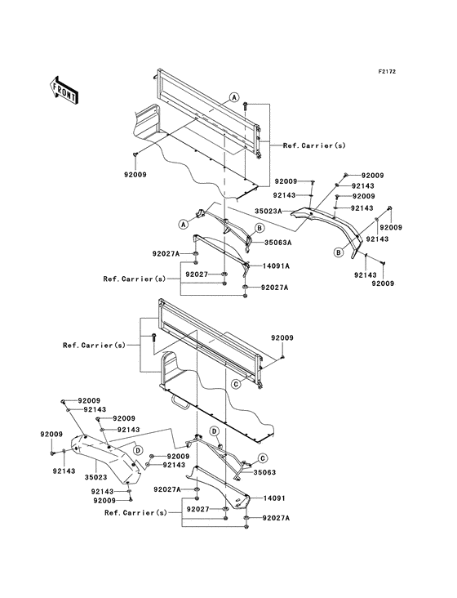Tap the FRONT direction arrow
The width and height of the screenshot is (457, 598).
coord(64,90)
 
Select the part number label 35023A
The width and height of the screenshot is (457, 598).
coord(268,211)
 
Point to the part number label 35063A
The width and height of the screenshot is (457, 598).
coord(277,243)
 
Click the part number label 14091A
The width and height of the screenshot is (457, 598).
coord(276,266)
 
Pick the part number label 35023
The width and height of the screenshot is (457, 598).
coord(96,477)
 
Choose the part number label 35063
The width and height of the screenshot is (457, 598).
coord(264,472)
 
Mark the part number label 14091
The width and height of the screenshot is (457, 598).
coord(274,498)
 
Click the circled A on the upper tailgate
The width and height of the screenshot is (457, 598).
coord(234,98)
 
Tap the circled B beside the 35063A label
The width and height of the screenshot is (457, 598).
coord(260,228)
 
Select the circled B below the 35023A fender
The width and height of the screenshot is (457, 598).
coord(338,252)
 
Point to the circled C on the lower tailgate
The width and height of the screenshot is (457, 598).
coord(236,384)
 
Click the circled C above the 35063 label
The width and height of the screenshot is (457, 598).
coord(263,457)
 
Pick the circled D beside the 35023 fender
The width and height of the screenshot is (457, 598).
coord(138,450)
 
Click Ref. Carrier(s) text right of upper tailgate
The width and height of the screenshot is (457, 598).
coord(314,145)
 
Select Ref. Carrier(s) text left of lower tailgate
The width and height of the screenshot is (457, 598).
coord(94,345)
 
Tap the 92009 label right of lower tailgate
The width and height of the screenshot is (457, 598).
coord(282,338)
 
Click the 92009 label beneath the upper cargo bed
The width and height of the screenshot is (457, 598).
coord(135,175)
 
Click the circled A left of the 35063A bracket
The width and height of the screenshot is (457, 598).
coord(184,225)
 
